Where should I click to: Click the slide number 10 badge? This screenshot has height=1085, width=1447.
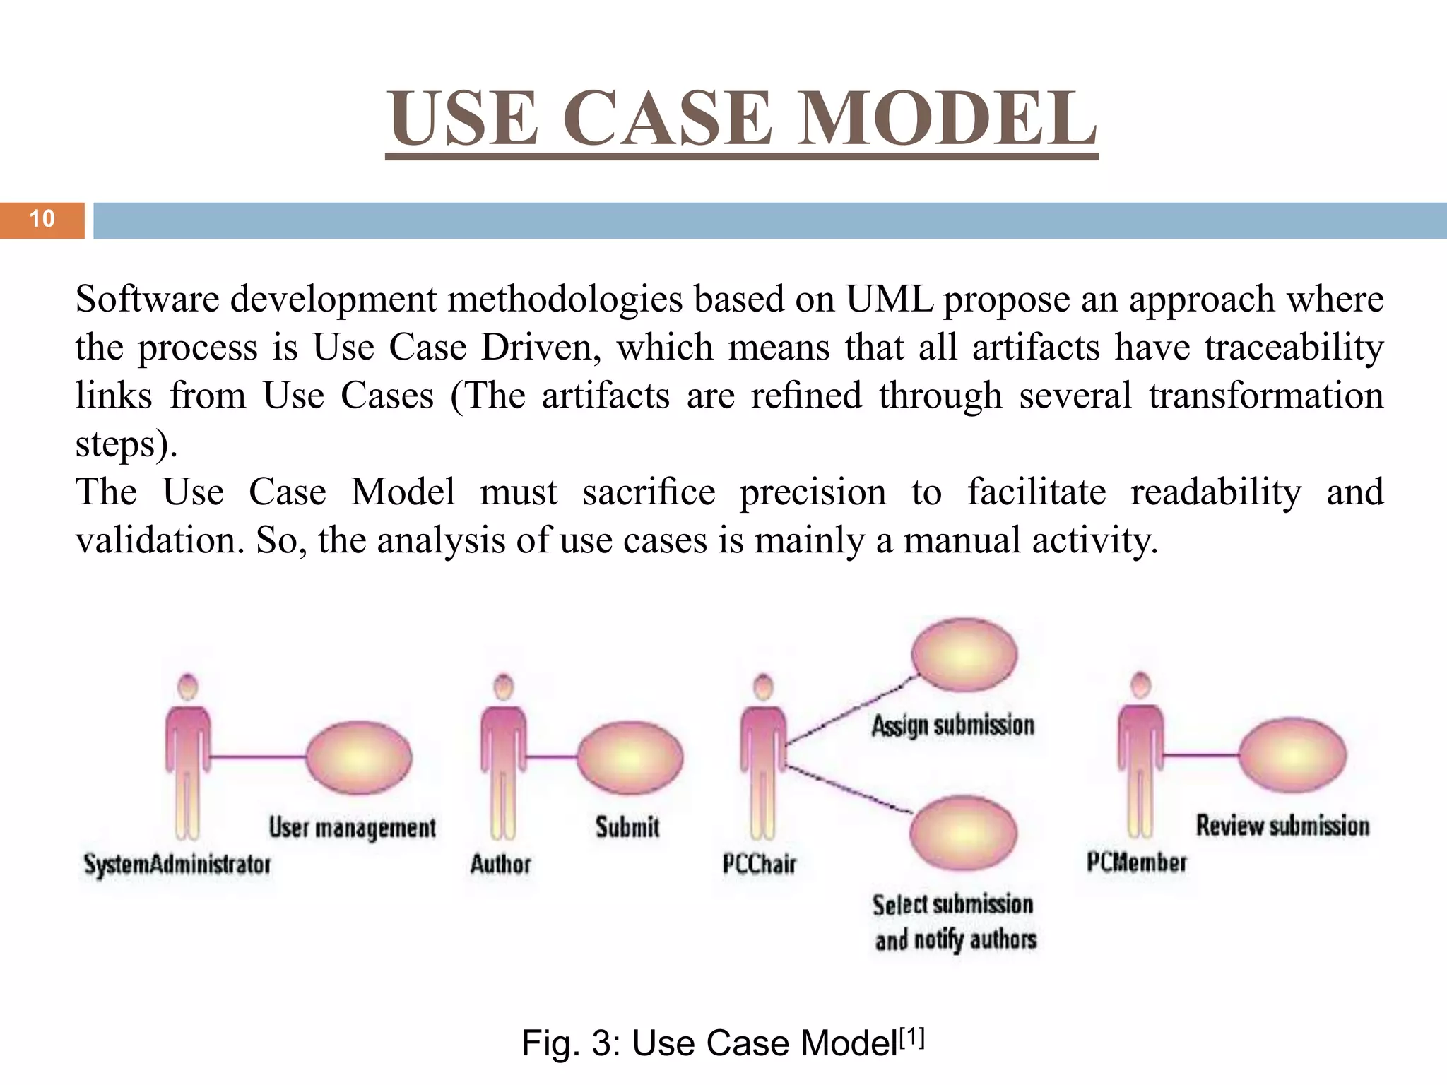(x=42, y=220)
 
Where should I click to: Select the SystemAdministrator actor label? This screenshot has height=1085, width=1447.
(x=177, y=864)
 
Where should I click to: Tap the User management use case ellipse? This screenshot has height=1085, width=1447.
(x=359, y=757)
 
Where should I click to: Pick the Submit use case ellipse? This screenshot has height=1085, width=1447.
(x=630, y=757)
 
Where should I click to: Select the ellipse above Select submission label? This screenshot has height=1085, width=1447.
(x=963, y=834)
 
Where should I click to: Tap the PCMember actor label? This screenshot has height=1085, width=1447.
(x=1136, y=862)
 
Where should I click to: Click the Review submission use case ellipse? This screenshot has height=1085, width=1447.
(x=1293, y=755)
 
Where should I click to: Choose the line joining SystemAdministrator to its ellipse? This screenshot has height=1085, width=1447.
(x=258, y=757)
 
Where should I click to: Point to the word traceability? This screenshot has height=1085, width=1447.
(x=1294, y=348)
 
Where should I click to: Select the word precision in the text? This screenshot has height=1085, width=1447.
(x=813, y=492)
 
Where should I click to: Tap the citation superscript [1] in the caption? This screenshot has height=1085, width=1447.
(x=912, y=1038)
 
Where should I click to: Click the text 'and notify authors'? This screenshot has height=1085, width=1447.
(x=955, y=940)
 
